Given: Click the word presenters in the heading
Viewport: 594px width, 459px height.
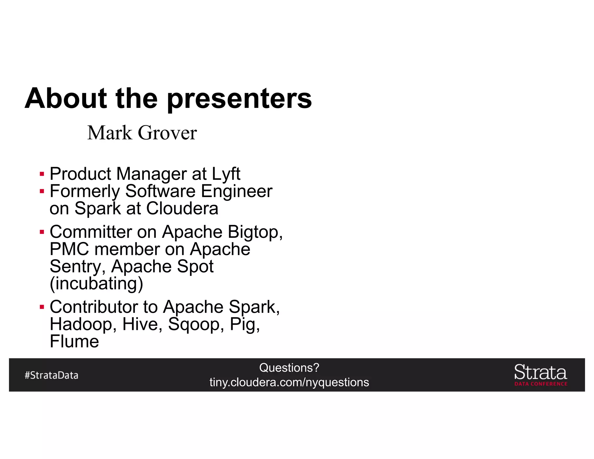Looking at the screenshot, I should [239, 99].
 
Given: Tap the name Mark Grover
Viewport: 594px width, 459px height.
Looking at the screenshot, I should [142, 133].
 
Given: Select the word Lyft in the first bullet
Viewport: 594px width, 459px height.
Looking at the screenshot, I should [226, 174].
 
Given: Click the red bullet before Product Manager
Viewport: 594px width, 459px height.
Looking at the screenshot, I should [42, 174].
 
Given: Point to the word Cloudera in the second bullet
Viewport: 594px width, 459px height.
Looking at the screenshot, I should [182, 208].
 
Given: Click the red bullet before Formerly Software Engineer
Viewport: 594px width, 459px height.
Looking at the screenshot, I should [42, 191].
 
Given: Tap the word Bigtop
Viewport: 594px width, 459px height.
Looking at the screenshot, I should [255, 232].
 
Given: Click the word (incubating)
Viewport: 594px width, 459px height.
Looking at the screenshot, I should [96, 283].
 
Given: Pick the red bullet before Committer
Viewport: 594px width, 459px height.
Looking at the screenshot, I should [42, 232].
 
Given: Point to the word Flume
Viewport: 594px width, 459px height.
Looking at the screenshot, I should [74, 341].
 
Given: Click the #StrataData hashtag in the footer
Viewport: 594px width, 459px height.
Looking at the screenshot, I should [52, 375].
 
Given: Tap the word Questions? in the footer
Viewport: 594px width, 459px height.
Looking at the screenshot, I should [289, 368].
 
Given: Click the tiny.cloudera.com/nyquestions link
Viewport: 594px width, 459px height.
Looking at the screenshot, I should [289, 382].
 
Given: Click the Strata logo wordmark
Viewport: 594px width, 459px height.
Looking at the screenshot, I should [540, 372].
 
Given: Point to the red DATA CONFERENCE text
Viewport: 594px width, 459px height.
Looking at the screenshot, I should [541, 384].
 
